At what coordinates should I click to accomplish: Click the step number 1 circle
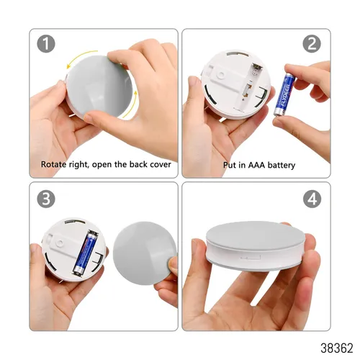click(46, 44)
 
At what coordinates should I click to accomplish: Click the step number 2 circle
click(312, 44)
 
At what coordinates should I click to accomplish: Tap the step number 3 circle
click(46, 199)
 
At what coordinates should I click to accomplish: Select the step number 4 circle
click(312, 199)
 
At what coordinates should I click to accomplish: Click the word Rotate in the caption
click(53, 164)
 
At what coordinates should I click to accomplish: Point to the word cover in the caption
click(161, 165)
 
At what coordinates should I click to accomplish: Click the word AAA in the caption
click(256, 165)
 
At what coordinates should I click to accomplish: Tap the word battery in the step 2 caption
click(282, 166)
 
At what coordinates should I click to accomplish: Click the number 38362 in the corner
click(337, 348)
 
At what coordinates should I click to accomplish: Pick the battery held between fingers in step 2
click(284, 94)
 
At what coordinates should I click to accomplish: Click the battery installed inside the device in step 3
click(85, 253)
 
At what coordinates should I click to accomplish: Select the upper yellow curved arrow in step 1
click(81, 58)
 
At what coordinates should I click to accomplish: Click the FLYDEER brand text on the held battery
click(286, 94)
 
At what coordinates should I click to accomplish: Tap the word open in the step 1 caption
click(102, 165)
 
